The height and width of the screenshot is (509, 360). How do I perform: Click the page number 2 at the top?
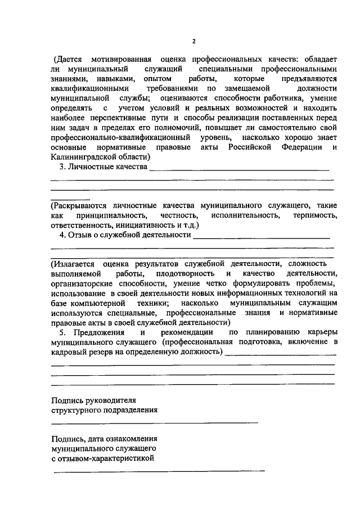coord(193,41)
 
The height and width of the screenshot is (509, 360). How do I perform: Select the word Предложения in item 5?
coord(91,332)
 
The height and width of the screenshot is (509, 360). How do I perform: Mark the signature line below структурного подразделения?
coord(155,422)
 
